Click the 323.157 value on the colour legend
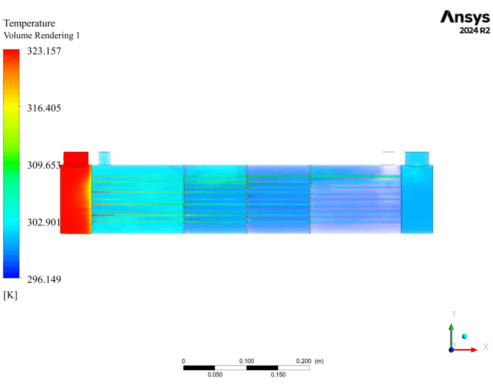point(44,51)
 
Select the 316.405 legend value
point(44,108)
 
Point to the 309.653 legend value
point(44,165)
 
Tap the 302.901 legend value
point(44,222)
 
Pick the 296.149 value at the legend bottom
point(44,279)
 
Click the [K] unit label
point(11,295)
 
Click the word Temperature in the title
point(29,24)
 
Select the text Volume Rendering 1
point(41,36)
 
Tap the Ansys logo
point(465,18)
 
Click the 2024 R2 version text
point(474,30)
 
